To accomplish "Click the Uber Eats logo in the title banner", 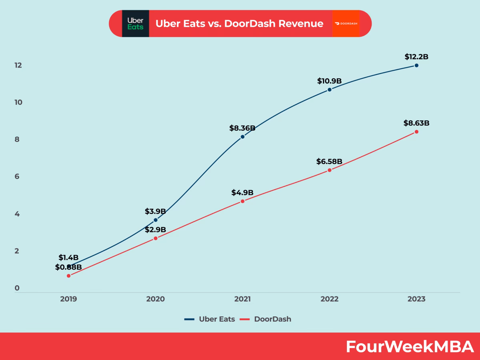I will (x=135, y=24).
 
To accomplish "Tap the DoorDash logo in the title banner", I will (x=346, y=24).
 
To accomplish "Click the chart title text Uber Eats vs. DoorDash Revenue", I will (x=239, y=24).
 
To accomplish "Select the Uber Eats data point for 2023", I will (x=416, y=65).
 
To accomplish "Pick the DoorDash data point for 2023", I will (x=416, y=132).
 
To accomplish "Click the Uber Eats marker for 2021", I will (x=242, y=137).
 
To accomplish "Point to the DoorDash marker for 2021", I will (x=242, y=201).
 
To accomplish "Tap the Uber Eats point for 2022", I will (x=330, y=90).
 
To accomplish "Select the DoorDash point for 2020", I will (x=156, y=238).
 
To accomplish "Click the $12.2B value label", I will (x=416, y=57).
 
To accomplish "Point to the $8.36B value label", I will (x=242, y=128).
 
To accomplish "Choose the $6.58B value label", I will (x=330, y=162).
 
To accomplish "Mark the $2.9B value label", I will (x=156, y=230).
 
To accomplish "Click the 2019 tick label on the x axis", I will (x=68, y=299).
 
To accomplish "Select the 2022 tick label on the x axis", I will (x=330, y=299).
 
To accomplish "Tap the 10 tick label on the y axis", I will (x=18, y=102).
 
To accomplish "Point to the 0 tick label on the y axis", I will (x=17, y=288).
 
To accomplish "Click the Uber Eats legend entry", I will (x=210, y=319).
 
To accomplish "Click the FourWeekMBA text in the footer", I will (x=410, y=347).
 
